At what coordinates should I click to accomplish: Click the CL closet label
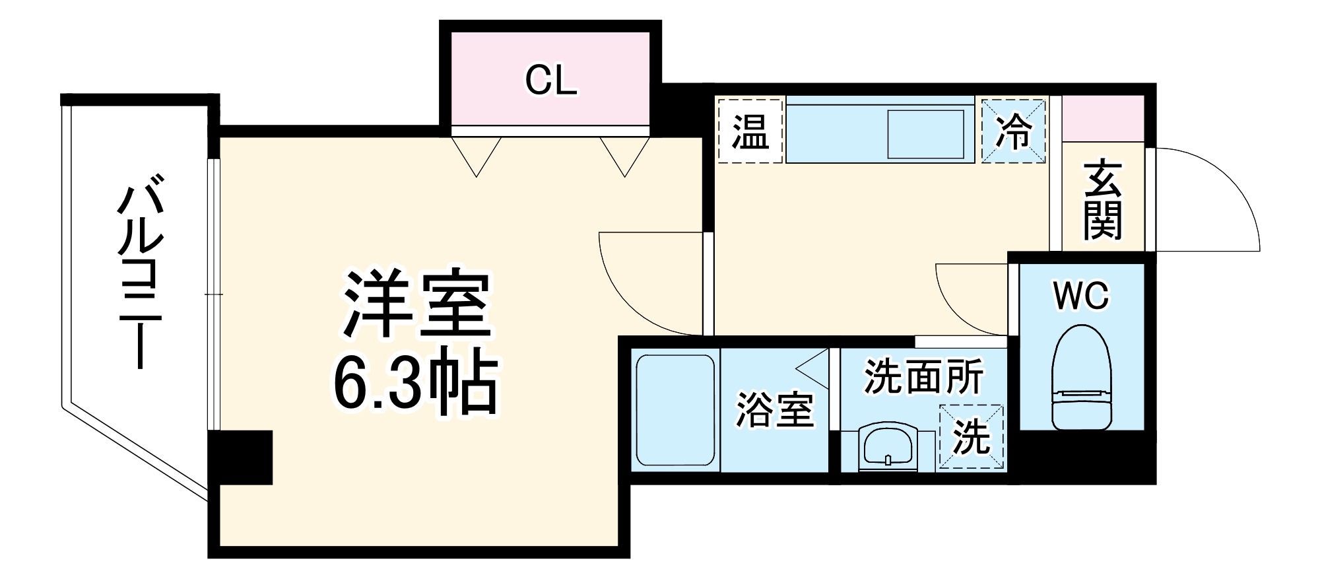(x=550, y=81)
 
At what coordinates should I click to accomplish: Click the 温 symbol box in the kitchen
(x=750, y=130)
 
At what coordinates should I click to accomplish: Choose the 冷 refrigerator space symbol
(x=1013, y=130)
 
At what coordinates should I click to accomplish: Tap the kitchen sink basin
(x=925, y=134)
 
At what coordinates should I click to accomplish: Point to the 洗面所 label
(x=923, y=376)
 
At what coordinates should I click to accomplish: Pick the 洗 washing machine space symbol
(x=971, y=436)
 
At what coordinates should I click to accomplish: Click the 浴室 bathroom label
(x=774, y=409)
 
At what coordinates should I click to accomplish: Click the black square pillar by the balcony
(x=240, y=457)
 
